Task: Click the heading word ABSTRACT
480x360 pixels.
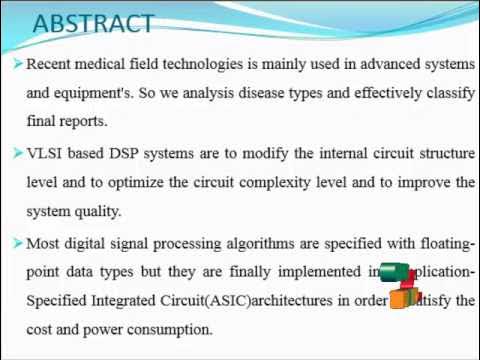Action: click(93, 23)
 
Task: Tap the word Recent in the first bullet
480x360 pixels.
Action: click(51, 64)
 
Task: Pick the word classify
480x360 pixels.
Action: click(448, 93)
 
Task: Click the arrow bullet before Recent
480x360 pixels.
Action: click(17, 64)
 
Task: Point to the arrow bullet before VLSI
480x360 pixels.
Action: click(17, 153)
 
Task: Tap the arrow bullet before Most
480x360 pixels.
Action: click(17, 242)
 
